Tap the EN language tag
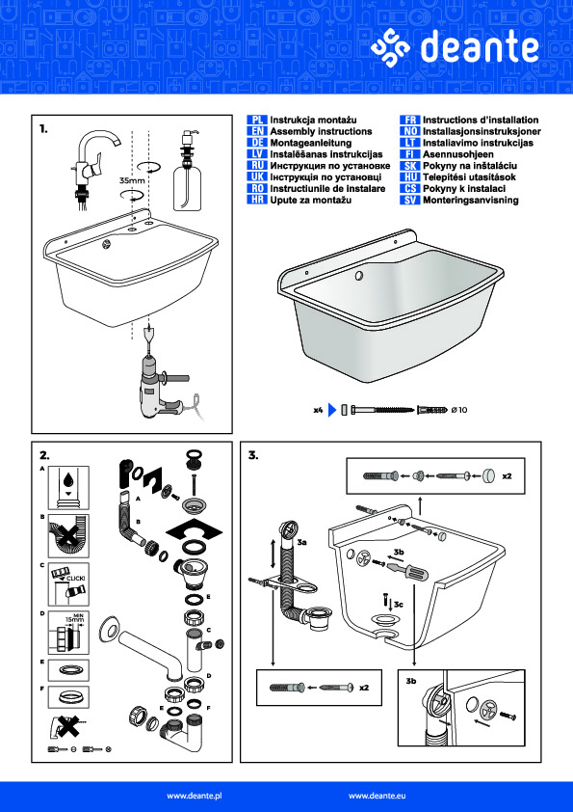click(257, 131)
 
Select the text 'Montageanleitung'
click(311, 143)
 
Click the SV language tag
click(409, 201)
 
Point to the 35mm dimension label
click(132, 180)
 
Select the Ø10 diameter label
click(459, 410)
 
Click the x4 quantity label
click(318, 410)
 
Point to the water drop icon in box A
click(68, 480)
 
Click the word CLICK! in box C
click(75, 578)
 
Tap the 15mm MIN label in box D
click(75, 618)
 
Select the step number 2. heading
click(44, 455)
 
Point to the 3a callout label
click(302, 542)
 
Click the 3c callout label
click(398, 604)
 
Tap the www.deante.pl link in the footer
click(197, 796)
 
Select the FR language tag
click(409, 121)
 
